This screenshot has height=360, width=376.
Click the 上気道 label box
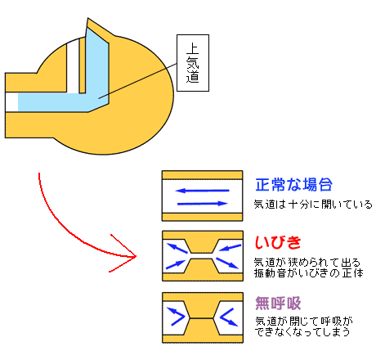[193, 63]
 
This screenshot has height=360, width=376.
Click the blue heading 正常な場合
[293, 184]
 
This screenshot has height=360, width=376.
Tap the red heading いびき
[278, 242]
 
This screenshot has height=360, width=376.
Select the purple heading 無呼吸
[278, 303]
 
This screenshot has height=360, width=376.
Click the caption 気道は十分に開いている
[313, 205]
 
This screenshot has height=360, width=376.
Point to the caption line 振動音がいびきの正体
[309, 273]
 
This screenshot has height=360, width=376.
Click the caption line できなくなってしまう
[302, 332]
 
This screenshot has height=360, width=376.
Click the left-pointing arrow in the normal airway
[202, 191]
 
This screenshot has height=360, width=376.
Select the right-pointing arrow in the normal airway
[202, 204]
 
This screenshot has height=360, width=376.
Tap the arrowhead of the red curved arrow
[136, 256]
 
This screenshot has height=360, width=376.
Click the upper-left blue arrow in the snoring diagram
[177, 248]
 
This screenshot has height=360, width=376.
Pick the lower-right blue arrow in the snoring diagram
[227, 263]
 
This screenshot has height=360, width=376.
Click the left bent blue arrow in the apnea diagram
[176, 317]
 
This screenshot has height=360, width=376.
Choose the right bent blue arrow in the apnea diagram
[228, 317]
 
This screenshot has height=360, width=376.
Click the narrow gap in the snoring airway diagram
[202, 256]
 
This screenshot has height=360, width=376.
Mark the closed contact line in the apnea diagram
[202, 318]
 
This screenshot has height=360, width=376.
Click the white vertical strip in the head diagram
[73, 66]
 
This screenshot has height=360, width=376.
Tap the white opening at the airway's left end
[11, 102]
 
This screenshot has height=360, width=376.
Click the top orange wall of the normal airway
[202, 175]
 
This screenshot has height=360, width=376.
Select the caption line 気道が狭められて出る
[307, 263]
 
